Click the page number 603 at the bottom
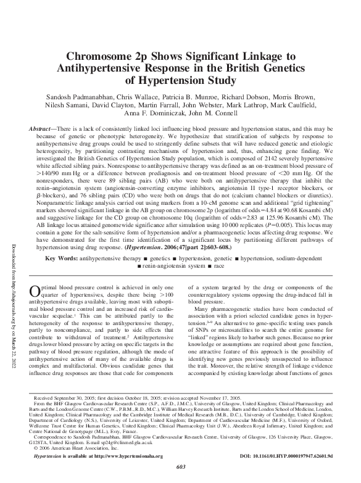tap(181, 477)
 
